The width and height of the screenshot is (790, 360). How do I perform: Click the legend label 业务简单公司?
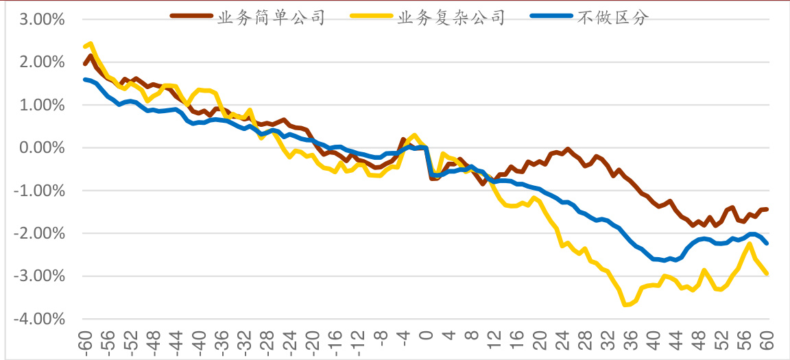coord(270,18)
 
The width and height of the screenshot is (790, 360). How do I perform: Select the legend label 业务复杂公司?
coord(451,18)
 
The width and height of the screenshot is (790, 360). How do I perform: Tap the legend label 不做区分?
coord(612,18)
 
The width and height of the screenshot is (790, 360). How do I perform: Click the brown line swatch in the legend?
coord(191,18)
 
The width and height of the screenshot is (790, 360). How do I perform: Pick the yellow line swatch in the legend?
coord(372,18)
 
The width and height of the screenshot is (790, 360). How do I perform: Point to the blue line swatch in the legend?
coord(552,18)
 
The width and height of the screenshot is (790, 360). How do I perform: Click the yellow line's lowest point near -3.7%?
coord(625,304)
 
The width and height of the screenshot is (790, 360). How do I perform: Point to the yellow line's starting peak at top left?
coord(91,43)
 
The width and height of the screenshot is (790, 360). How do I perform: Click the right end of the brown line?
coord(767,209)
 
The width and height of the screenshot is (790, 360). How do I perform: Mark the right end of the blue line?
coord(767,243)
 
